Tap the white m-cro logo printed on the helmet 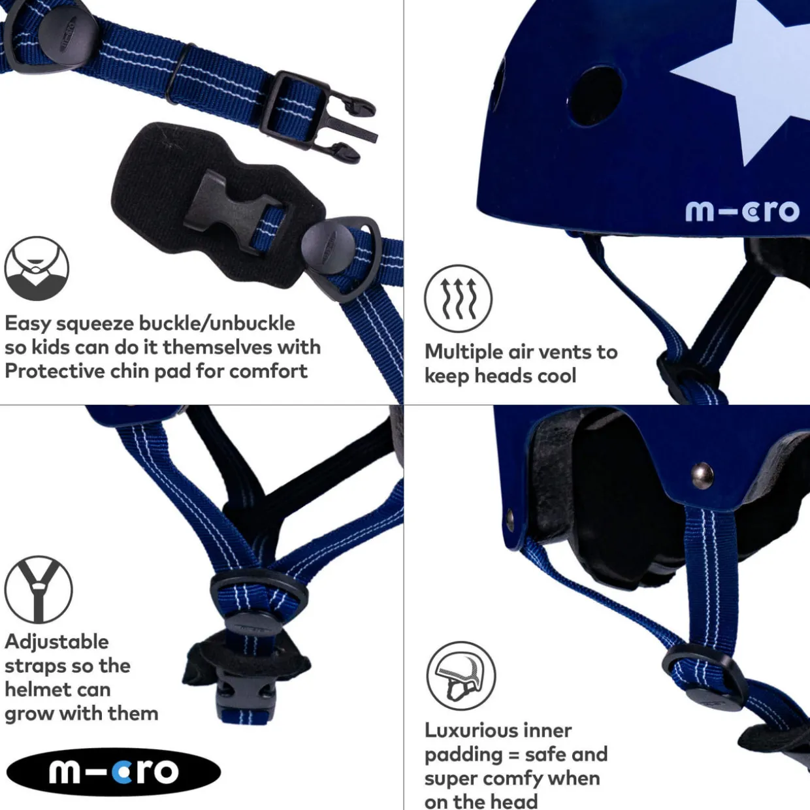(x=742, y=211)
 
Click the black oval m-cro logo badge (x=114, y=771)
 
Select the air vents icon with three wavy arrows (x=458, y=299)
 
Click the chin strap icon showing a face (x=37, y=268)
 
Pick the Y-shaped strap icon (x=39, y=590)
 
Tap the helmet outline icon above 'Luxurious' (x=461, y=676)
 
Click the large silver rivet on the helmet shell (x=702, y=476)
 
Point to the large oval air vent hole (x=594, y=96)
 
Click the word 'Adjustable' (x=57, y=642)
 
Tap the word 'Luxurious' (x=498, y=730)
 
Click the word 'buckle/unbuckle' (x=217, y=323)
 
